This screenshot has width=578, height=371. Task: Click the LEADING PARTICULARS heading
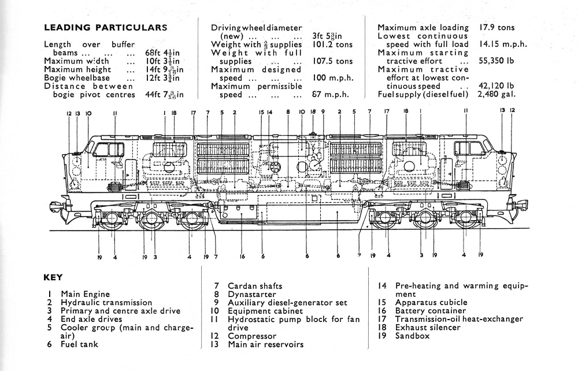(x=105, y=27)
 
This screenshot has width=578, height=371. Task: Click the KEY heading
(x=53, y=277)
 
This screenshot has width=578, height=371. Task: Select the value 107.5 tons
(x=332, y=61)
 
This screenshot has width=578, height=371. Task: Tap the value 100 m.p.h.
(x=332, y=77)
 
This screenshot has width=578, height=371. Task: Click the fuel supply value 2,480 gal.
(x=497, y=94)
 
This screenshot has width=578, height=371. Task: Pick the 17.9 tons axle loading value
(x=497, y=27)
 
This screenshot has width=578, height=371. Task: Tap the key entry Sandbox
(x=412, y=336)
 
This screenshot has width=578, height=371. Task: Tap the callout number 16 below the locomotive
(x=242, y=255)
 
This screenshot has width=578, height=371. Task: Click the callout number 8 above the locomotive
(x=287, y=113)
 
